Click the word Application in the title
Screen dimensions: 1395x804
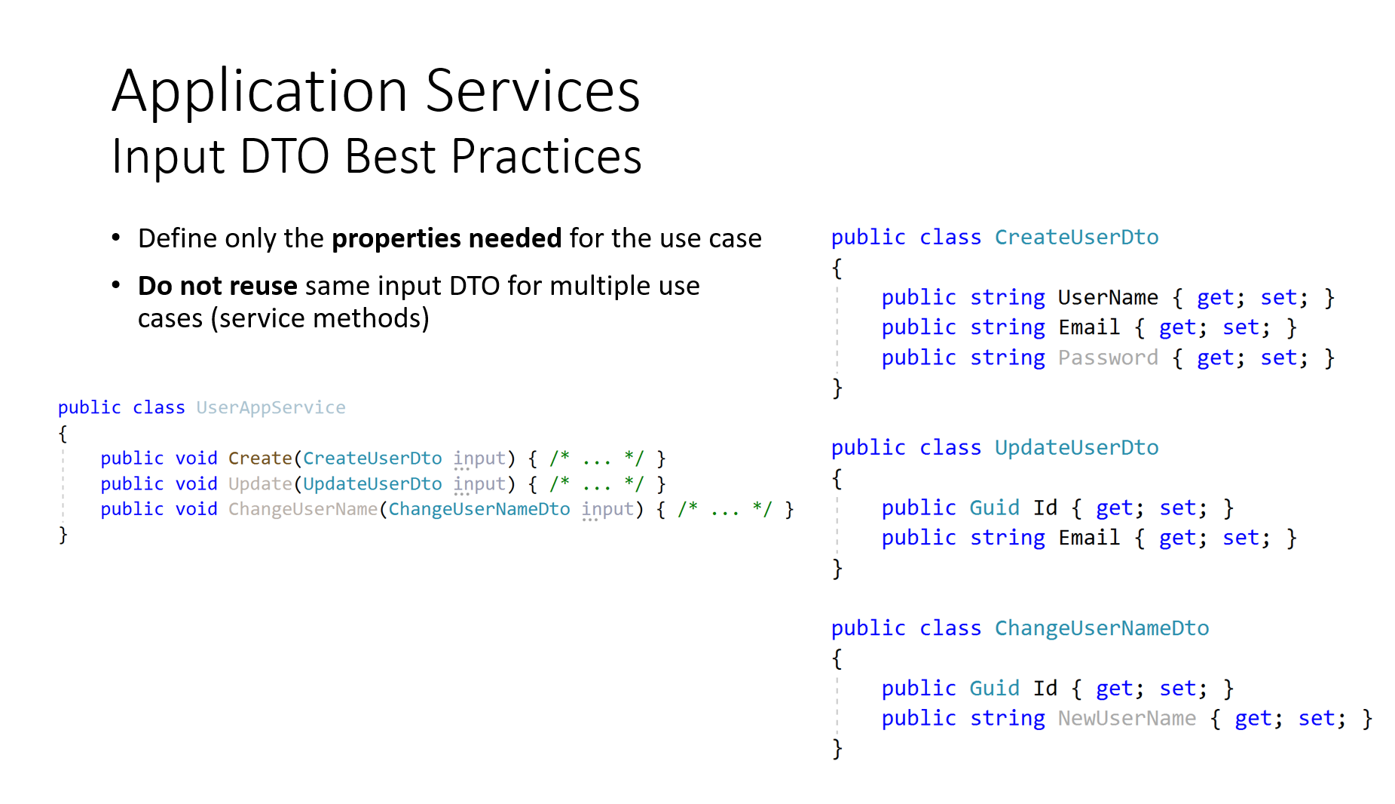[x=260, y=93]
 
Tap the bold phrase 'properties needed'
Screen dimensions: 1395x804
[x=446, y=238]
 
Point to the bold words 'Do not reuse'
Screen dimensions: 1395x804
[x=218, y=286]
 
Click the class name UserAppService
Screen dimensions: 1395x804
[x=271, y=407]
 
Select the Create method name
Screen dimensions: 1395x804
[x=260, y=458]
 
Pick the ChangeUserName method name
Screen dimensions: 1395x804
[x=303, y=509]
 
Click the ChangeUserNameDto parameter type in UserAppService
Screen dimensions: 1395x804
[x=479, y=509]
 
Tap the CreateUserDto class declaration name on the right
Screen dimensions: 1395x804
[x=1076, y=237]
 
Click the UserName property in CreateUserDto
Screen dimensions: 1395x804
[x=1108, y=297]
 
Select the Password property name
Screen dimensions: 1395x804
[x=1108, y=358]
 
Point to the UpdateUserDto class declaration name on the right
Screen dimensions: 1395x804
[x=1076, y=447]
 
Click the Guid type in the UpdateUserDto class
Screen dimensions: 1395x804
[x=994, y=508]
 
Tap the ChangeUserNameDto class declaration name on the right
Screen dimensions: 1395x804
[x=1102, y=628]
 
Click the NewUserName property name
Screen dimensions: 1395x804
[x=1127, y=718]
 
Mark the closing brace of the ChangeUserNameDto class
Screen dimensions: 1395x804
[x=837, y=749]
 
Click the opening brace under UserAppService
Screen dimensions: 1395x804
[x=63, y=434]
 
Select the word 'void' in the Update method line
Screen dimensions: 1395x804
[x=196, y=483]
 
